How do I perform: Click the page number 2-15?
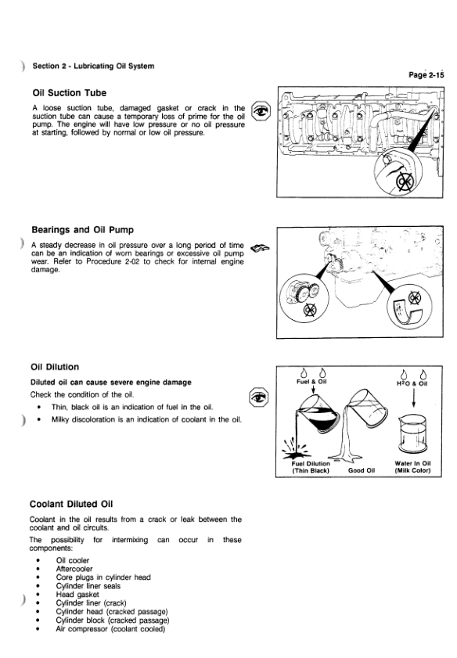coord(426,74)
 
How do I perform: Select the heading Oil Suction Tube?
coord(69,93)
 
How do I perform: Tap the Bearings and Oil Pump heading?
coord(83,230)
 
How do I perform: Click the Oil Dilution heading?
coord(55,367)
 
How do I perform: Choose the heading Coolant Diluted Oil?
coord(71,504)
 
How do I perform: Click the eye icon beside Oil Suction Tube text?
coord(261,111)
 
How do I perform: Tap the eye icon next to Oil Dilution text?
coord(258,397)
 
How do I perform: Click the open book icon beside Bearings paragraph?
coord(260,249)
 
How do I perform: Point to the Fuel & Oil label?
coord(311,382)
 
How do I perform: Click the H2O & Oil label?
coord(412,383)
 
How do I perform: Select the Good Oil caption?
coord(362,470)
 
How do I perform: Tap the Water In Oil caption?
coord(412,463)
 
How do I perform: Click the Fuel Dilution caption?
coord(311,463)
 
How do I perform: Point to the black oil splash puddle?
coord(294,453)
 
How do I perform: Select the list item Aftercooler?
coord(74,569)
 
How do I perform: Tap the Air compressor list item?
coord(110,628)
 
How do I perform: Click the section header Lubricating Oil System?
coord(114,66)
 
